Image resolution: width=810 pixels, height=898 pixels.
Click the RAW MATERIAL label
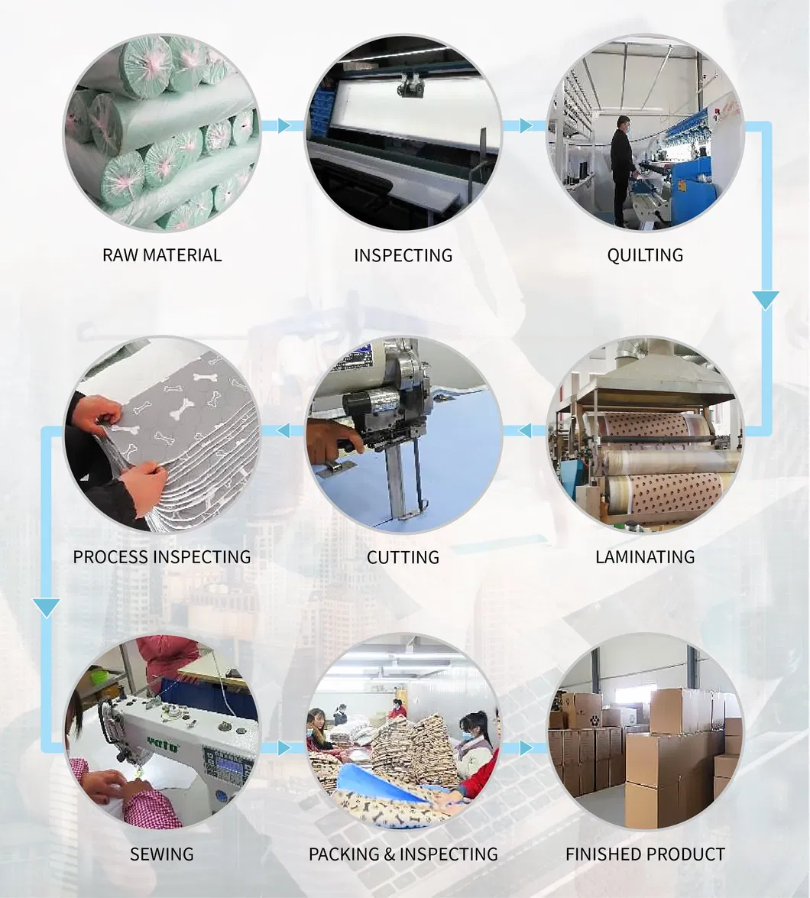pos(162,255)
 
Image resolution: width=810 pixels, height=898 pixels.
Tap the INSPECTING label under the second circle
pos(403,255)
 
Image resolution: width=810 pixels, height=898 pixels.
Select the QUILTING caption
pos(645,255)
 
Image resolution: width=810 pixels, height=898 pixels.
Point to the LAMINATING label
pos(645,557)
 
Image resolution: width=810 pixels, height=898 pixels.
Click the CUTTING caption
pos(403,557)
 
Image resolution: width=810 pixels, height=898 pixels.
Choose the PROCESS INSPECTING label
pos(162,557)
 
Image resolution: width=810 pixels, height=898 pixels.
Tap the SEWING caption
pos(162,854)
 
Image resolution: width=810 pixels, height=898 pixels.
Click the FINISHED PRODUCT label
pos(645,854)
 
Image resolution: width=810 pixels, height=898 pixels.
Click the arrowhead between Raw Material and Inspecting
pos(285,125)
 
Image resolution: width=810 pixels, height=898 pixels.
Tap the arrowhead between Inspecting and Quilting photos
pos(526,125)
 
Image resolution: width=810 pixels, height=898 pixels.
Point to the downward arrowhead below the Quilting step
pos(765,300)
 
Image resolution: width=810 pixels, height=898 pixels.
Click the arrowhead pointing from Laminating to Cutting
pos(526,431)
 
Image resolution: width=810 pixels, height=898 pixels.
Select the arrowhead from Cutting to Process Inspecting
pos(284,431)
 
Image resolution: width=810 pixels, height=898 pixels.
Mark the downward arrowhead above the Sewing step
pos(47,608)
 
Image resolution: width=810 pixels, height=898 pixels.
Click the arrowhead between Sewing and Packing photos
pos(285,747)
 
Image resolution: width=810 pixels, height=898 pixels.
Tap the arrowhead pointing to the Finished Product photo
pos(526,747)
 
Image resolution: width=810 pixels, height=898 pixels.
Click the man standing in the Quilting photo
pos(622,170)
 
